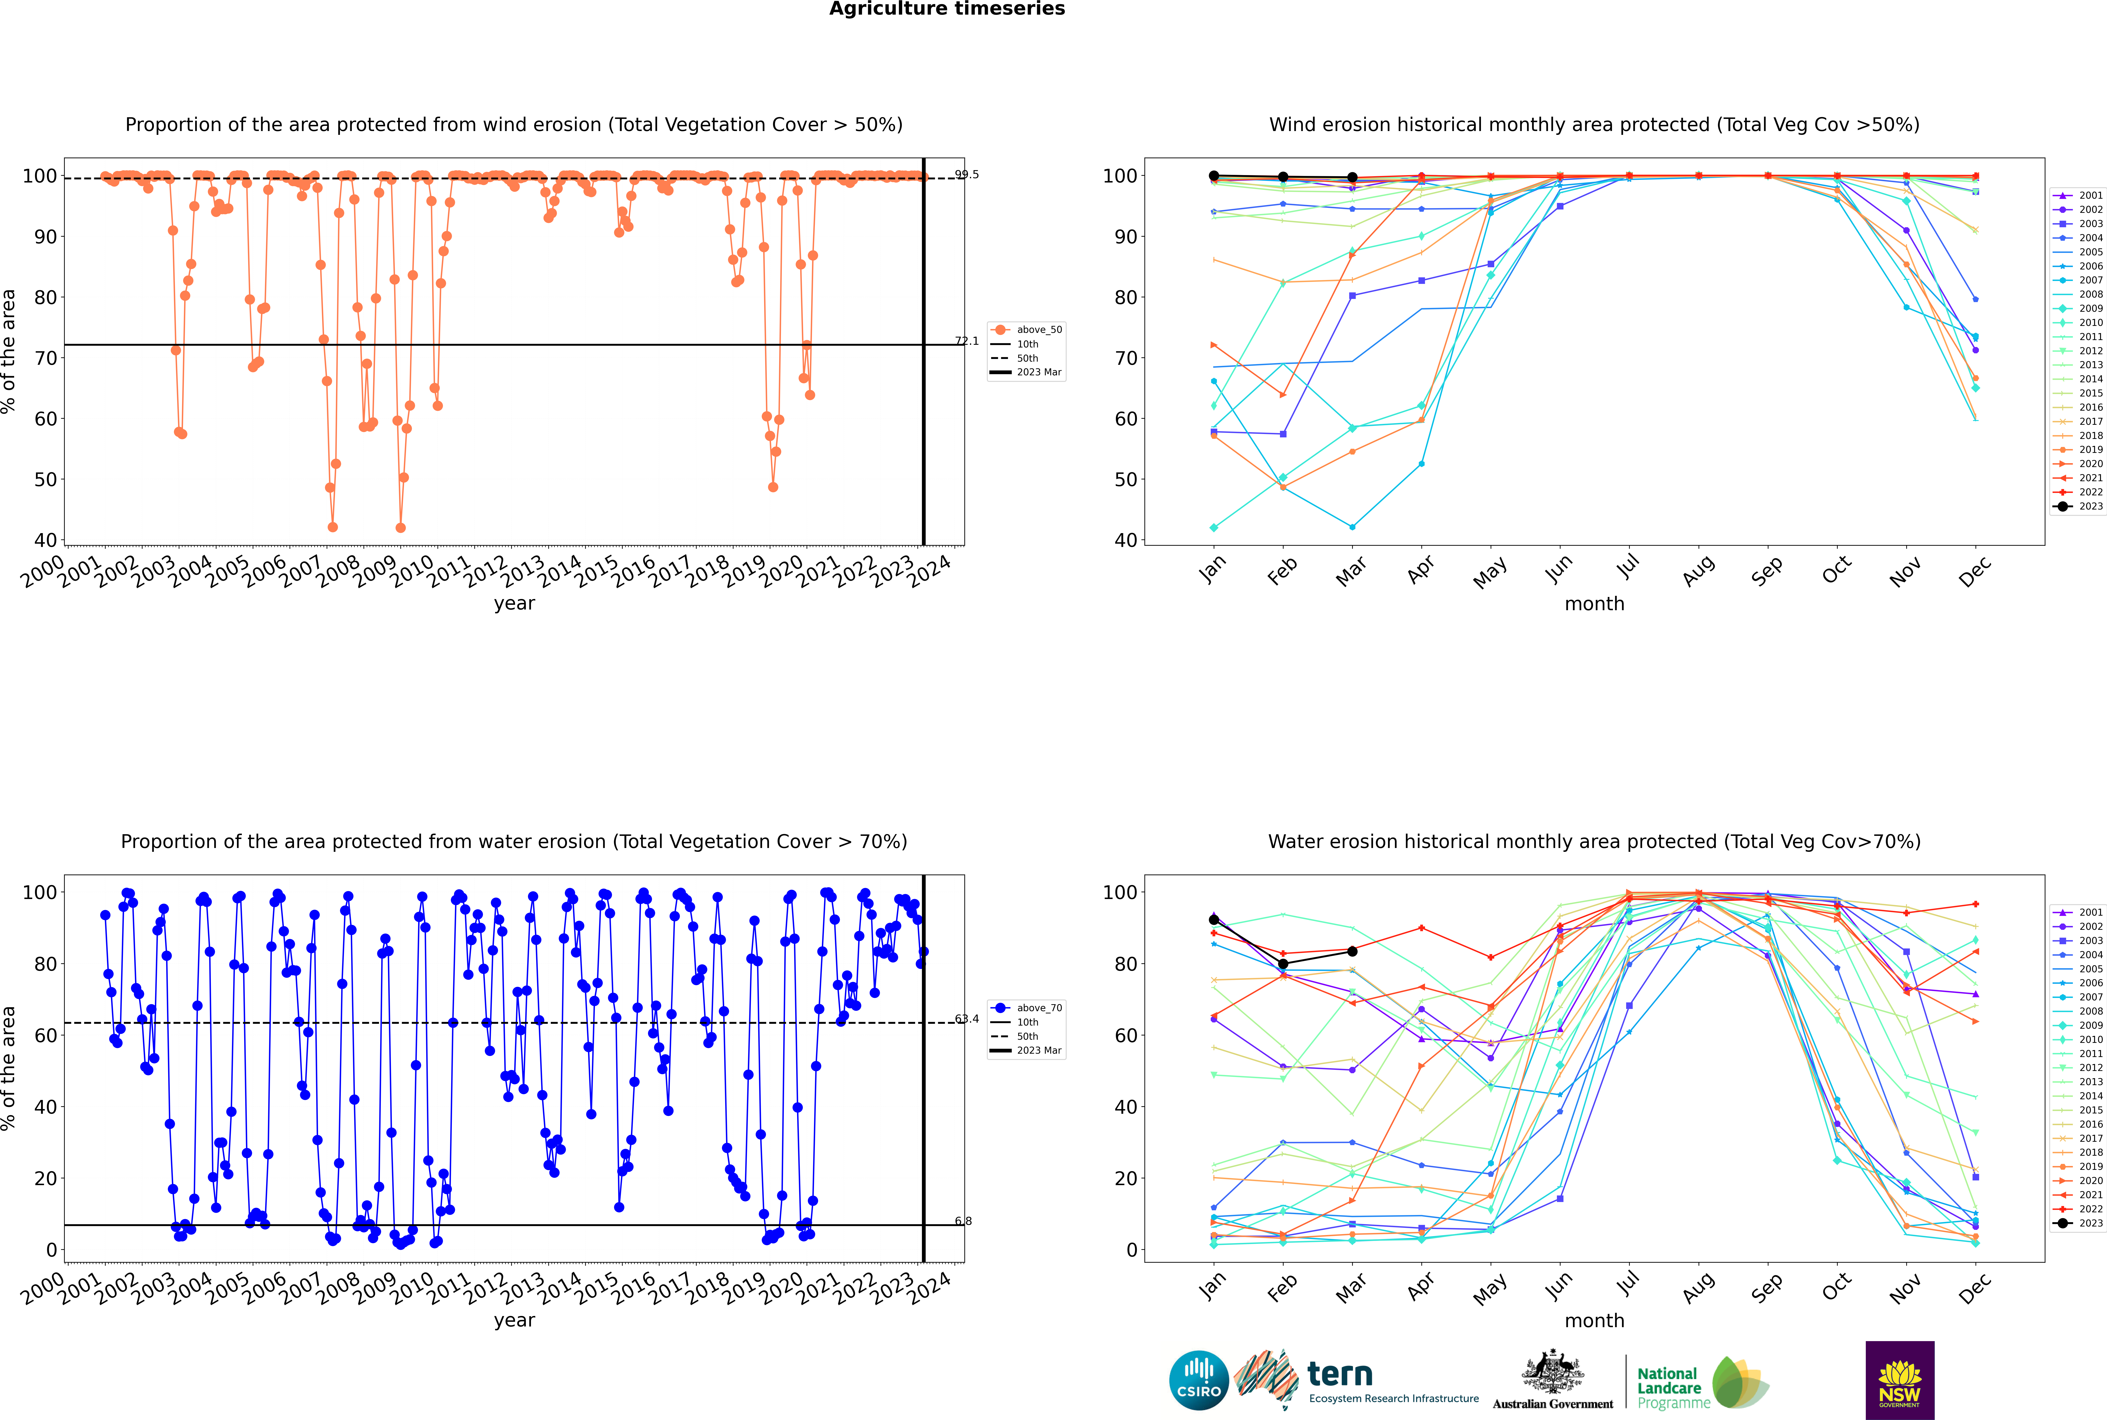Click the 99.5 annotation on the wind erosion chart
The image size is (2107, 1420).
(967, 175)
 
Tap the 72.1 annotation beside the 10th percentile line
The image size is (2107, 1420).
(967, 341)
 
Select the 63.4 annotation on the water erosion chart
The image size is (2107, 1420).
(967, 1019)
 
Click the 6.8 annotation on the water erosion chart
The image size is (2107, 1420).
(963, 1222)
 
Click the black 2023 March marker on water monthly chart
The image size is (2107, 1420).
(1352, 951)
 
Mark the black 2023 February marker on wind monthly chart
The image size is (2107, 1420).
(1283, 178)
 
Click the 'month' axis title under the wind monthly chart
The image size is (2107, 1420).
(1594, 604)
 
